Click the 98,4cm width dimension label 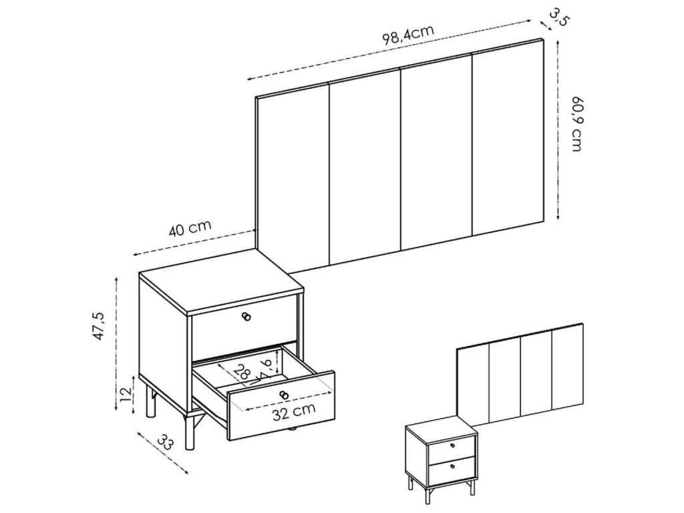(x=408, y=35)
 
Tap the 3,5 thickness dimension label (x=559, y=17)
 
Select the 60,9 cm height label (x=576, y=124)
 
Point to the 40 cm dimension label (x=190, y=228)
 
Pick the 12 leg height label (x=126, y=395)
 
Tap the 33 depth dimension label (x=166, y=442)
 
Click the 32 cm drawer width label (x=294, y=411)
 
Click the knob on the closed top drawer (x=246, y=317)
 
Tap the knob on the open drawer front (x=284, y=395)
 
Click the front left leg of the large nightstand (x=189, y=432)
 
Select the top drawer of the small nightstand (x=452, y=446)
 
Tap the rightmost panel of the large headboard (x=508, y=135)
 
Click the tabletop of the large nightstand (x=221, y=282)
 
